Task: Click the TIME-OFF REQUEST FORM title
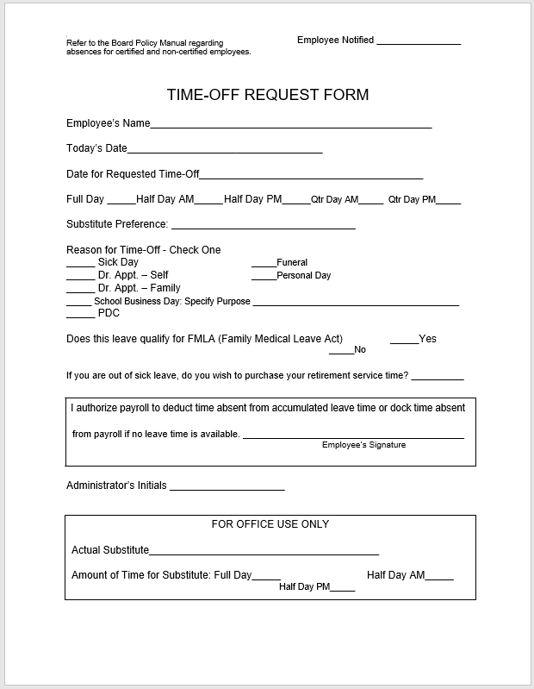coord(267,94)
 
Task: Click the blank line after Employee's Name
coord(290,126)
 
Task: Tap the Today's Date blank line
coord(225,151)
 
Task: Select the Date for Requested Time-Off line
coord(311,177)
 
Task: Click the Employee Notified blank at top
coord(419,42)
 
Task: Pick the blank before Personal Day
coord(264,278)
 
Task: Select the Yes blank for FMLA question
coord(404,342)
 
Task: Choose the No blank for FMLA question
coord(341,353)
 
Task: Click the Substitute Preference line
coord(263,228)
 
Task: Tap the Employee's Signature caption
coord(363,445)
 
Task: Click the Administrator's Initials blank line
coord(227,489)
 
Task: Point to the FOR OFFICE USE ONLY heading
coord(270,524)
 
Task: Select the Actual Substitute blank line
coord(264,554)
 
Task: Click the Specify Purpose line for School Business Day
coord(355,304)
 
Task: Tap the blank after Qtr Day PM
coord(448,203)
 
